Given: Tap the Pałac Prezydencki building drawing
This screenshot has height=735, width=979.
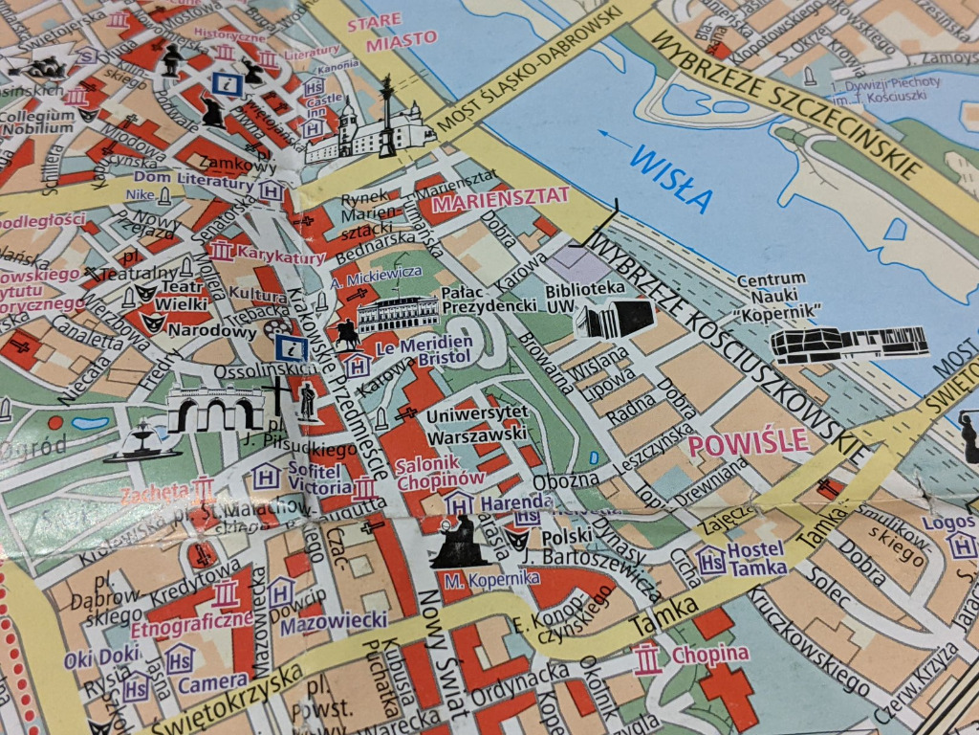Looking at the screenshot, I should (x=398, y=313).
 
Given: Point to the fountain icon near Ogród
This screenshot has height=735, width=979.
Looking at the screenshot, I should (x=141, y=442).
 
